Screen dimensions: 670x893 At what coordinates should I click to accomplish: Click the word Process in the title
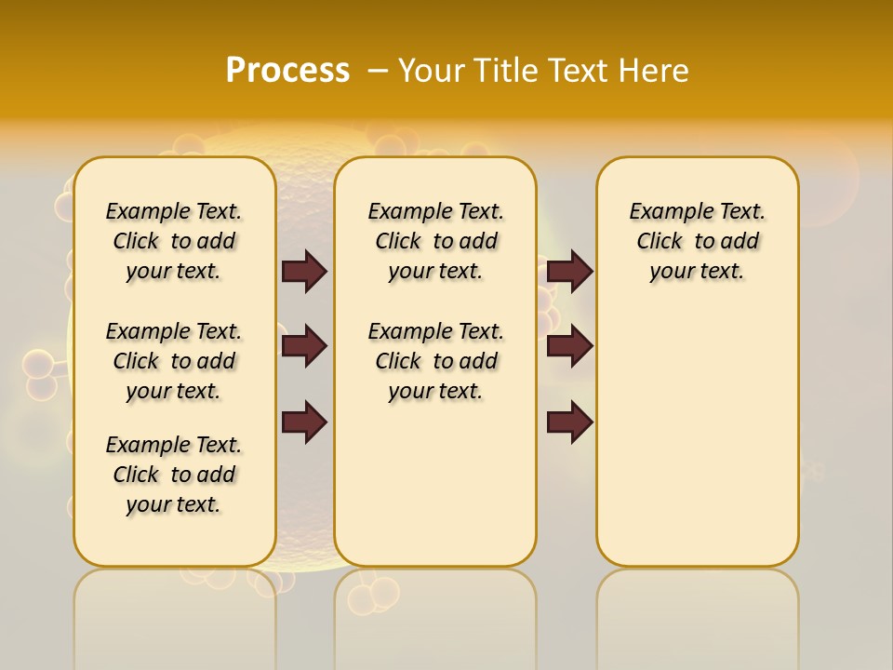point(287,71)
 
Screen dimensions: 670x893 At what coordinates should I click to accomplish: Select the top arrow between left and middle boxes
point(304,271)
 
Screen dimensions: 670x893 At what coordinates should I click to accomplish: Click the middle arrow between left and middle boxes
point(304,346)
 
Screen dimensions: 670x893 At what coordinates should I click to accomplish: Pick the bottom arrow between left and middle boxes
point(304,422)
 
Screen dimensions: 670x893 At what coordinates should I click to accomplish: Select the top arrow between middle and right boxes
point(569,271)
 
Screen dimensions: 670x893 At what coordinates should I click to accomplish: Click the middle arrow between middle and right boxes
point(569,346)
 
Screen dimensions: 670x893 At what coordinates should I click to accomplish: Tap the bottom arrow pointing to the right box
point(569,422)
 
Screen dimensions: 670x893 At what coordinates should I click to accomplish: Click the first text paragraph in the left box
point(174,241)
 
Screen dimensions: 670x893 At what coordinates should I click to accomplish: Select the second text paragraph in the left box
point(174,361)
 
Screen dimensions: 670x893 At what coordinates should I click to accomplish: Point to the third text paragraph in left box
point(174,475)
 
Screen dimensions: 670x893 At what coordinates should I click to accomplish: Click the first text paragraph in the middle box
point(436,241)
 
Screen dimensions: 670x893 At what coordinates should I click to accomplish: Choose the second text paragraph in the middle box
point(436,361)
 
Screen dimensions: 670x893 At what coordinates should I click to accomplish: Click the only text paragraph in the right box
point(698,241)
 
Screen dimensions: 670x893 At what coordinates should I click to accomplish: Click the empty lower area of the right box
point(698,437)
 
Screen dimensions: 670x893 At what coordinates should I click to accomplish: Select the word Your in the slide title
point(433,71)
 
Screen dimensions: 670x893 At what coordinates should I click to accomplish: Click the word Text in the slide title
point(576,71)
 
